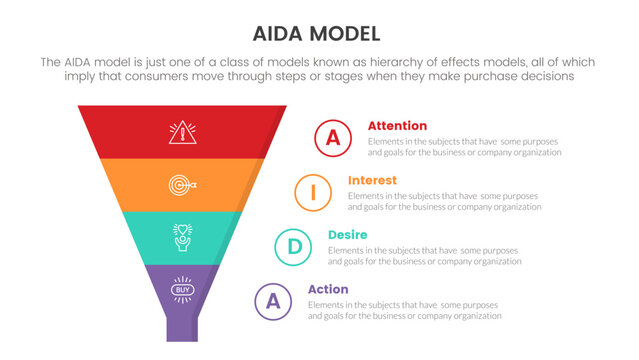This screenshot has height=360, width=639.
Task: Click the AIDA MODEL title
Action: pyautogui.click(x=319, y=33)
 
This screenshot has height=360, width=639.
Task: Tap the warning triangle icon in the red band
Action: pyautogui.click(x=182, y=132)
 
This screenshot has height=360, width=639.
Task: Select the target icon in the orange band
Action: pyautogui.click(x=182, y=185)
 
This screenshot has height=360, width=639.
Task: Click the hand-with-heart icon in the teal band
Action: pyautogui.click(x=182, y=238)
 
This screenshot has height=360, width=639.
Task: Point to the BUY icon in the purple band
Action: pyautogui.click(x=182, y=290)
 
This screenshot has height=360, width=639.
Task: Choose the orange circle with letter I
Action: pyautogui.click(x=312, y=193)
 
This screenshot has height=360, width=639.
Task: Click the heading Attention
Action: pyautogui.click(x=397, y=126)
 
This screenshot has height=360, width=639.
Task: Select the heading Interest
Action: pyautogui.click(x=372, y=180)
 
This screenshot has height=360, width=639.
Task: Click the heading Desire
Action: pyautogui.click(x=348, y=234)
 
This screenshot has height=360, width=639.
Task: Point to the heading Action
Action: pyautogui.click(x=327, y=288)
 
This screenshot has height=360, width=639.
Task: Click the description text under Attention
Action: pyautogui.click(x=464, y=147)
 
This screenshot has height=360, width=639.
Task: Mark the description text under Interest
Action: pyautogui.click(x=444, y=201)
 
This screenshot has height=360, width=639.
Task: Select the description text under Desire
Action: pyautogui.click(x=424, y=255)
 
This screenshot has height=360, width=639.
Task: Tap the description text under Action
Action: pyautogui.click(x=404, y=309)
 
